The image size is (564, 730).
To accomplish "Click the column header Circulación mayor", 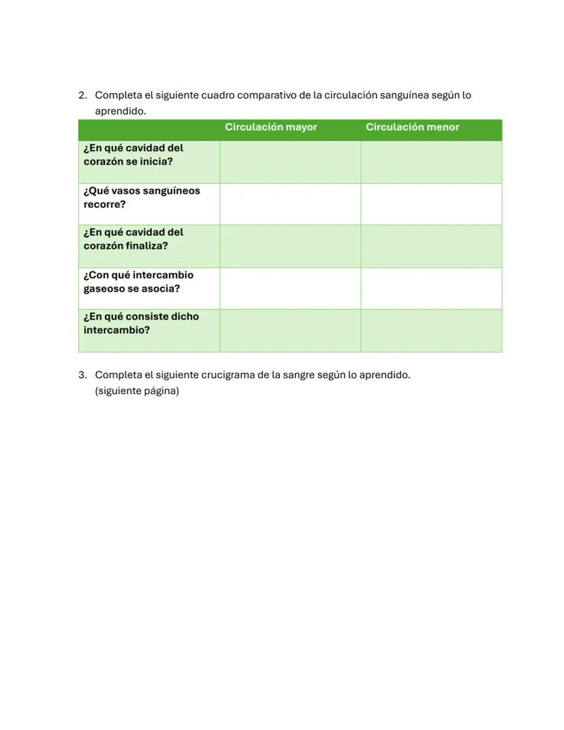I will [270, 127].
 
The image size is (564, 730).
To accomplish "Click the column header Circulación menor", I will [412, 127].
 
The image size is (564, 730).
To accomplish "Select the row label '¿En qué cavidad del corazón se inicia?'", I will [134, 155].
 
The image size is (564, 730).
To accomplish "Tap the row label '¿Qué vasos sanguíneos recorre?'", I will [142, 198].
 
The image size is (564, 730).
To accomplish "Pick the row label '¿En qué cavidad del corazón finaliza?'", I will [134, 239].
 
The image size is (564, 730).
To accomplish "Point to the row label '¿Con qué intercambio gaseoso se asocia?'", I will [138, 282].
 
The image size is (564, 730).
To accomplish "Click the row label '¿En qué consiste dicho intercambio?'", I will [141, 324].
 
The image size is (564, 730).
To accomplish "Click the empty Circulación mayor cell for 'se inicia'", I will [290, 162].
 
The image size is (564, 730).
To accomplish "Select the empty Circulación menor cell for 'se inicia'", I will [431, 162].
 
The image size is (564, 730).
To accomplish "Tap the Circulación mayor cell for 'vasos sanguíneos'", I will [290, 204].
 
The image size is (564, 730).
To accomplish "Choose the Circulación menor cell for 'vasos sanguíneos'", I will [431, 204].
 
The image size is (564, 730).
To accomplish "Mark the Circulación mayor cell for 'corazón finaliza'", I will [290, 246].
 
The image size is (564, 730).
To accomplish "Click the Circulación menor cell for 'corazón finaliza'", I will [431, 246].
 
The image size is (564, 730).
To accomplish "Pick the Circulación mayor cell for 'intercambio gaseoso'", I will [290, 288].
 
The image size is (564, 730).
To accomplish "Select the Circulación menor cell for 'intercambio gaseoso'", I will [431, 288].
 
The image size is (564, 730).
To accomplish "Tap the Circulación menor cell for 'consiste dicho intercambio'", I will [431, 331].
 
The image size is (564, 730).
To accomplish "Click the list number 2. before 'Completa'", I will [82, 95].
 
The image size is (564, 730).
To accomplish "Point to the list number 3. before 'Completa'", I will [82, 376].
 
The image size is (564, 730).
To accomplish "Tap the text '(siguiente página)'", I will [137, 391].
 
